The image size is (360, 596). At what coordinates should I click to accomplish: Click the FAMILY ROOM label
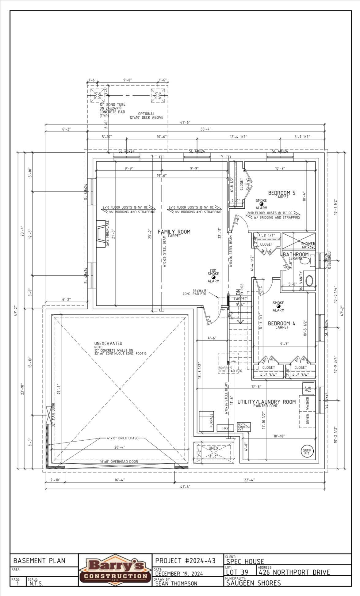[x=174, y=232]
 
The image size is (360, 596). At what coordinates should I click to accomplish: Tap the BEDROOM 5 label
[x=281, y=193]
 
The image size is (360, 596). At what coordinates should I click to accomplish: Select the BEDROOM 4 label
[x=281, y=323]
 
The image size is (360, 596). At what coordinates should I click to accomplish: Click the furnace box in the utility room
[x=206, y=422]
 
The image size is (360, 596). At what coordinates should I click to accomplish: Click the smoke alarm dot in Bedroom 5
[x=261, y=204]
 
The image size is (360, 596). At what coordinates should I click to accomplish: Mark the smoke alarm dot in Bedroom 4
[x=278, y=306]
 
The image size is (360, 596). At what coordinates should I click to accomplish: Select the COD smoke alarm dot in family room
[x=213, y=277]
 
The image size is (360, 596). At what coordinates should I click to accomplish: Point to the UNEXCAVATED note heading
[x=108, y=343]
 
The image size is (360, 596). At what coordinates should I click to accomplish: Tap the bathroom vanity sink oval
[x=309, y=280]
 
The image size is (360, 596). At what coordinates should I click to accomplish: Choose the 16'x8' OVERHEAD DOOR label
[x=119, y=461]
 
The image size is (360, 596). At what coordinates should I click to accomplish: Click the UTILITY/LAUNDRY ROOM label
[x=266, y=402]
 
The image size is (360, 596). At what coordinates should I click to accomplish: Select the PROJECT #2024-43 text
[x=185, y=561]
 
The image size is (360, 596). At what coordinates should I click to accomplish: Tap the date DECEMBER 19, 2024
[x=179, y=573]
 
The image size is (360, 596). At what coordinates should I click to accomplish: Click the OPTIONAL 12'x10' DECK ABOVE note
[x=146, y=116]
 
